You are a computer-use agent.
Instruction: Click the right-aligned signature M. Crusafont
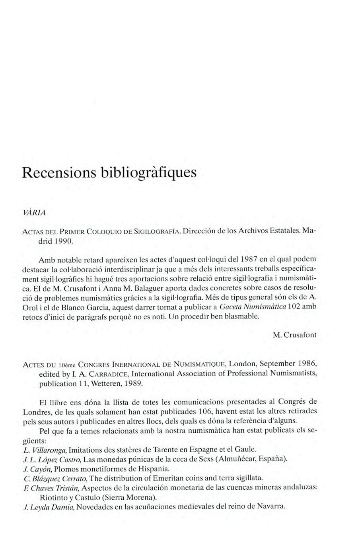295,335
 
